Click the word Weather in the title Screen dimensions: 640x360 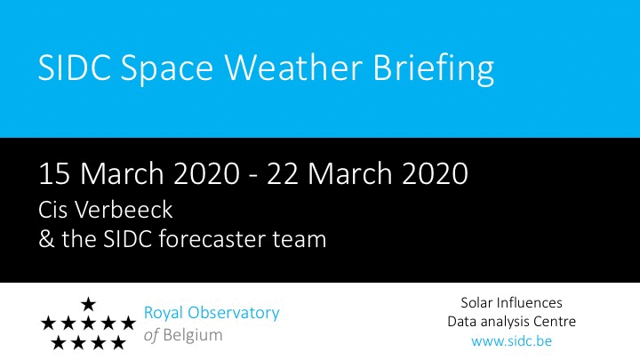[293, 67]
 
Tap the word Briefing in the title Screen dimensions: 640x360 [434, 69]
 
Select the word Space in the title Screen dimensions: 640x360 [166, 69]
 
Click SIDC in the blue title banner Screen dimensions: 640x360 [75, 67]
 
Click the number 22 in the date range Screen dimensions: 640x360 [283, 173]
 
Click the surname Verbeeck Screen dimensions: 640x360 [123, 210]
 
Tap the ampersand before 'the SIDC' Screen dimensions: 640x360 [46, 239]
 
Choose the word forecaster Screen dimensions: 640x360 [212, 239]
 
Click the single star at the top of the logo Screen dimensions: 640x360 [88, 304]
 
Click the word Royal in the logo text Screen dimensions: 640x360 [164, 314]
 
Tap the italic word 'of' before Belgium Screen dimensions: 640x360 [151, 335]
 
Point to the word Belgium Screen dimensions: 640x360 [193, 336]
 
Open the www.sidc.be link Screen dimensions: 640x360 [511, 340]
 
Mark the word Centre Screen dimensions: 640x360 [555, 322]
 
